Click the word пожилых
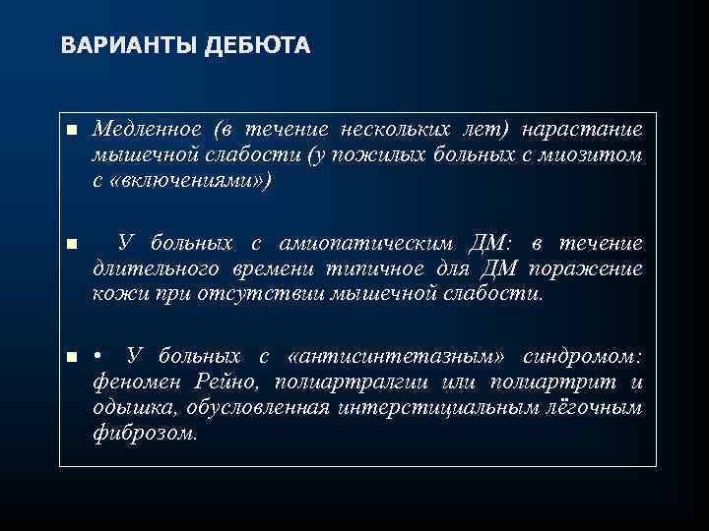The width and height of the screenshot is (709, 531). coord(388,154)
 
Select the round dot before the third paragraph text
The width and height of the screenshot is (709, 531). coord(97,356)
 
